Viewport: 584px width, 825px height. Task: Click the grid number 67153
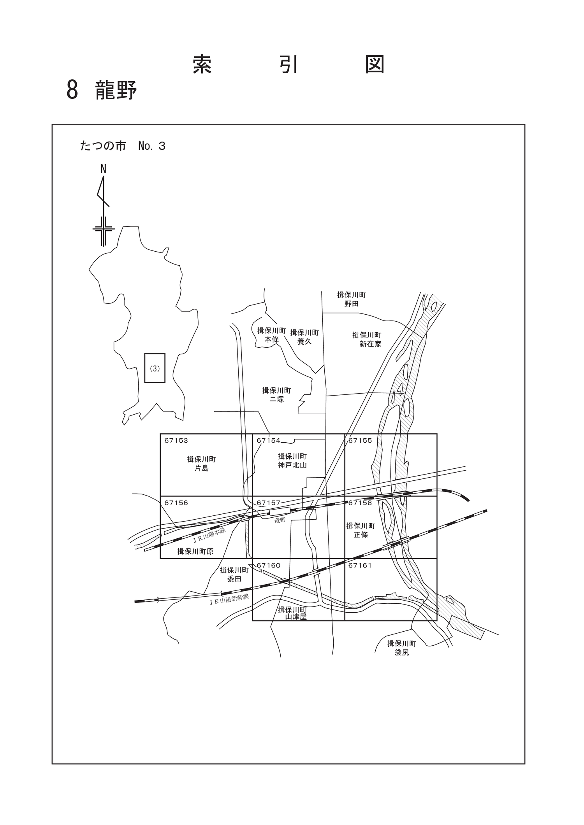[x=176, y=441]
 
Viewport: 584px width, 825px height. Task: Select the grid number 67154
[x=268, y=441]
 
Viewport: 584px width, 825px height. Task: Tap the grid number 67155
[x=360, y=441]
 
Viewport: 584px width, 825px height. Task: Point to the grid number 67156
[x=176, y=503]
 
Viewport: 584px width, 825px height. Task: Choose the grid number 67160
[x=268, y=566]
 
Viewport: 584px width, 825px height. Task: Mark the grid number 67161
[x=360, y=566]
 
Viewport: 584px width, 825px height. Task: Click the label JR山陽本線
[x=209, y=535]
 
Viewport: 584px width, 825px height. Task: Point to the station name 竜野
[x=280, y=520]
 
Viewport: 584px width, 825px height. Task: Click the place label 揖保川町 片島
[x=201, y=464]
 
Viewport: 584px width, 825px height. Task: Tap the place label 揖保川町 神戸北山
[x=292, y=461]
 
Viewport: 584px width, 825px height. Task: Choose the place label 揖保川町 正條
[x=361, y=530]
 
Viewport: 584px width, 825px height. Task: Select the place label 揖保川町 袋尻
[x=402, y=648]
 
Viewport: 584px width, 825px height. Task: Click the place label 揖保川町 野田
[x=352, y=299]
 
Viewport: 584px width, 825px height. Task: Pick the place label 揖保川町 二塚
[x=277, y=394]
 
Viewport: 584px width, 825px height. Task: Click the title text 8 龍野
[x=102, y=90]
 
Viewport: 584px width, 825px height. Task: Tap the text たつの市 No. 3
[x=123, y=146]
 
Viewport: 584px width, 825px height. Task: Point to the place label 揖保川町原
[x=195, y=552]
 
